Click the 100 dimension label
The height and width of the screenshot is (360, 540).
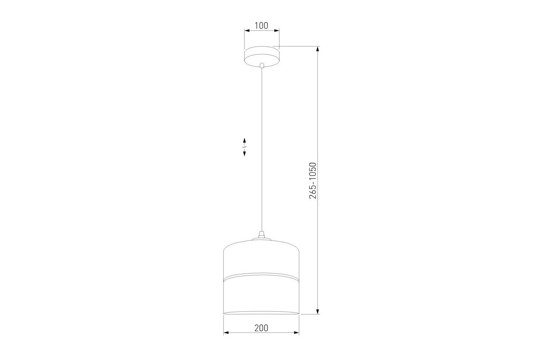click(x=262, y=25)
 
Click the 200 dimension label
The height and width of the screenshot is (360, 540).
click(x=261, y=328)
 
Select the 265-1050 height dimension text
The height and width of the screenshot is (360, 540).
click(x=312, y=181)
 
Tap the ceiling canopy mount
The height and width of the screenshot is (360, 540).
click(x=262, y=56)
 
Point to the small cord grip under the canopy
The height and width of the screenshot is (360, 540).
click(x=262, y=65)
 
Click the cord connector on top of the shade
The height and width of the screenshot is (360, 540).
click(x=262, y=234)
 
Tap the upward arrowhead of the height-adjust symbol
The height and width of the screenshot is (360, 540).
click(x=244, y=140)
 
